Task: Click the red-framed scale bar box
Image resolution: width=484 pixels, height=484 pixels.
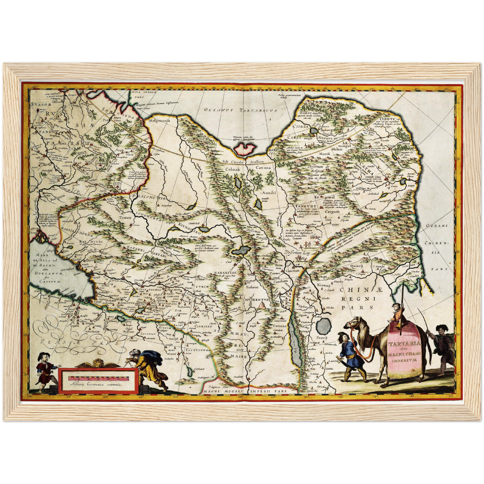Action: click(97, 381)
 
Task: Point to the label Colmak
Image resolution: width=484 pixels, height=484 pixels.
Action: click(232, 170)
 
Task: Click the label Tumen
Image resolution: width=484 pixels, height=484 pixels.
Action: click(125, 218)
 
